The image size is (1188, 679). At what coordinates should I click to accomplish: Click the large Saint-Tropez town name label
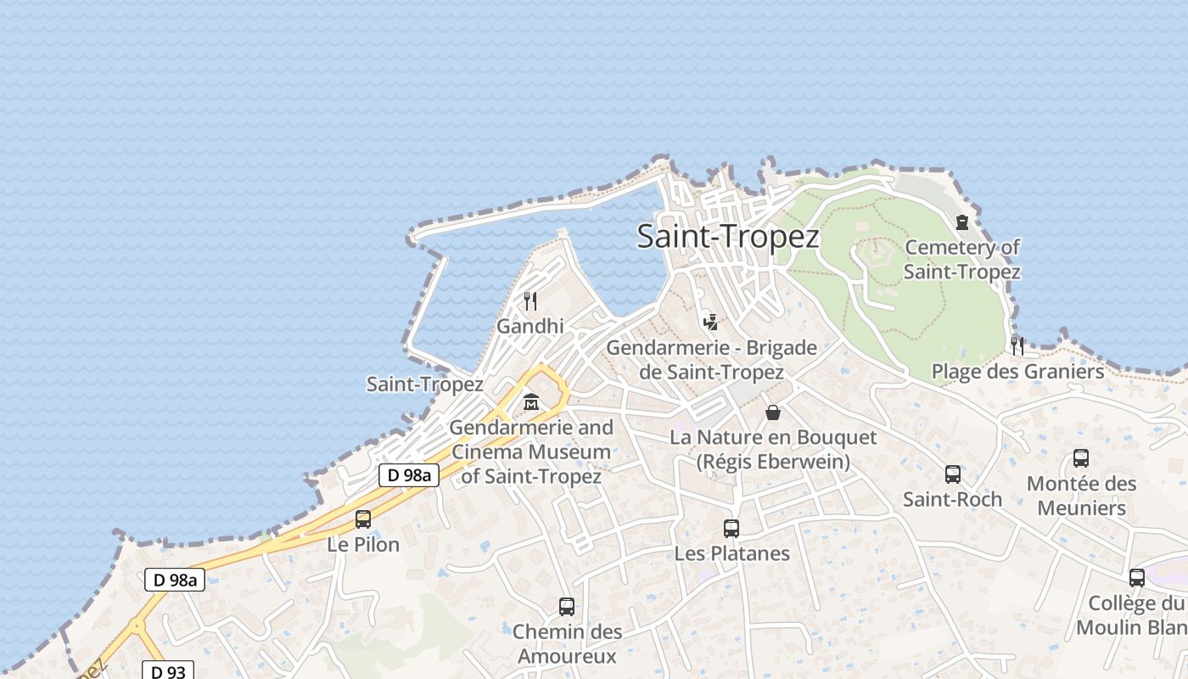coord(728,237)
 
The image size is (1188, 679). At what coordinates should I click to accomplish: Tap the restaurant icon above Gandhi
coord(530,300)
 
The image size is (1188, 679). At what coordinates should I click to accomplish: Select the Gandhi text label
coord(530,326)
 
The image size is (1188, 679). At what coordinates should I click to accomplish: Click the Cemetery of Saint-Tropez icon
coord(961,222)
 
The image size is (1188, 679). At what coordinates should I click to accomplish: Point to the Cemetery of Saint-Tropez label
coord(961,259)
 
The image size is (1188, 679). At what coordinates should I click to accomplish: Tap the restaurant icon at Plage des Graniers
coord(1017,345)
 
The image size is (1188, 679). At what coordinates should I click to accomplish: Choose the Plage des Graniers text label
coord(1017,371)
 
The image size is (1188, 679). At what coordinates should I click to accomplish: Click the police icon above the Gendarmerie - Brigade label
coord(711,322)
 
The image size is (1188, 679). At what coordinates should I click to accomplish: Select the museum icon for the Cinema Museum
coord(531,401)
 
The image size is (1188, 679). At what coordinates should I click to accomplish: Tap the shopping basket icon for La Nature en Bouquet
coord(773,412)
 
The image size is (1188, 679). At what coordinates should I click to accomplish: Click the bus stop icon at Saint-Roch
coord(953,474)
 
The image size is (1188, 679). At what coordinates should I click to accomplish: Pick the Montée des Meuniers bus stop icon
coord(1081,458)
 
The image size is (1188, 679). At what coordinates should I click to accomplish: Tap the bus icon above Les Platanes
coord(731,529)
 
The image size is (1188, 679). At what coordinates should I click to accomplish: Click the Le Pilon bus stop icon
coord(363,519)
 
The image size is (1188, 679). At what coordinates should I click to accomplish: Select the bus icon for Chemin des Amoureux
coord(567,607)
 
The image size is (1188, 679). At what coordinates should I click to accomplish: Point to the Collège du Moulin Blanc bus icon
coord(1137,578)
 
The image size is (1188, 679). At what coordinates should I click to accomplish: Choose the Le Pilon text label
coord(363,544)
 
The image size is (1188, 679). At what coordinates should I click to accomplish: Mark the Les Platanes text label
coord(731,553)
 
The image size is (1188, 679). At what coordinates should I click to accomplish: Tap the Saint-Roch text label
coord(952,499)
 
